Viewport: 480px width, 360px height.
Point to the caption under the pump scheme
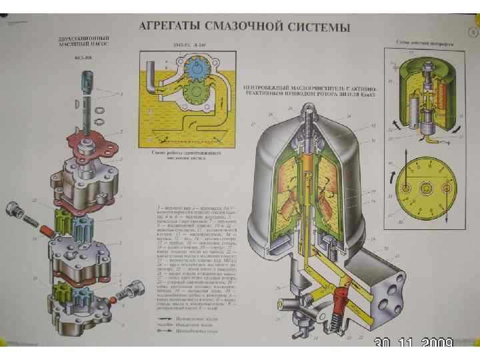180,154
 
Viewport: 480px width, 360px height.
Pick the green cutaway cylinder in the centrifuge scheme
427,97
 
